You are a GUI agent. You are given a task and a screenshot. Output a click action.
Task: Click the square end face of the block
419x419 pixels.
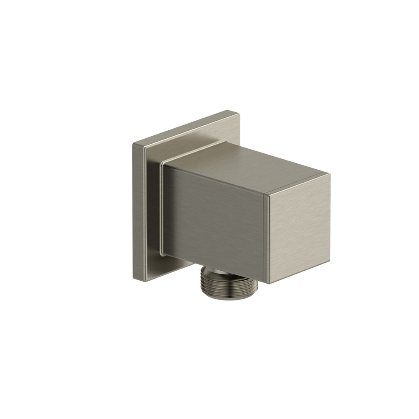pos(298,228)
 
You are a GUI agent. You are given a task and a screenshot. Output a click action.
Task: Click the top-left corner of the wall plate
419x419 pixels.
pos(133,144)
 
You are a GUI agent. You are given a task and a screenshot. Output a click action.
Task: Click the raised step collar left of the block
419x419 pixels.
pos(160,209)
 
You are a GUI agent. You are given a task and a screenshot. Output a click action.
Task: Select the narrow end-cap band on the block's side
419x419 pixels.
pos(265,239)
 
